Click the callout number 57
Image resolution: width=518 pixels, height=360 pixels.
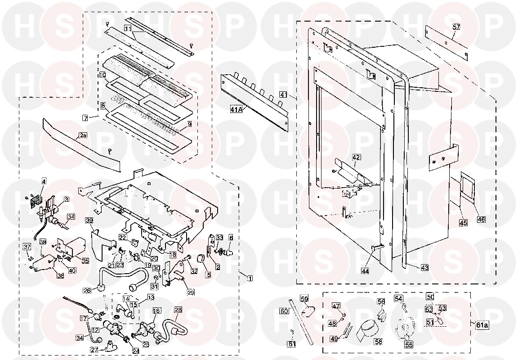coord(456,27)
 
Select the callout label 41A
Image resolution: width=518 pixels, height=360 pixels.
coord(236,109)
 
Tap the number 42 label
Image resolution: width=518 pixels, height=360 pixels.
coord(356,157)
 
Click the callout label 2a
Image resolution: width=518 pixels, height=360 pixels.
coord(83,135)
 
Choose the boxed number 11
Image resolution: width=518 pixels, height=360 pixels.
coord(128,28)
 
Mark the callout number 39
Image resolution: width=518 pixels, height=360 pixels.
coord(89,220)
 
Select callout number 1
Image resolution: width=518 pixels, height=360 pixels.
coord(250,278)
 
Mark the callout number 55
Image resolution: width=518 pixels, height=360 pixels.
coord(408,345)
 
